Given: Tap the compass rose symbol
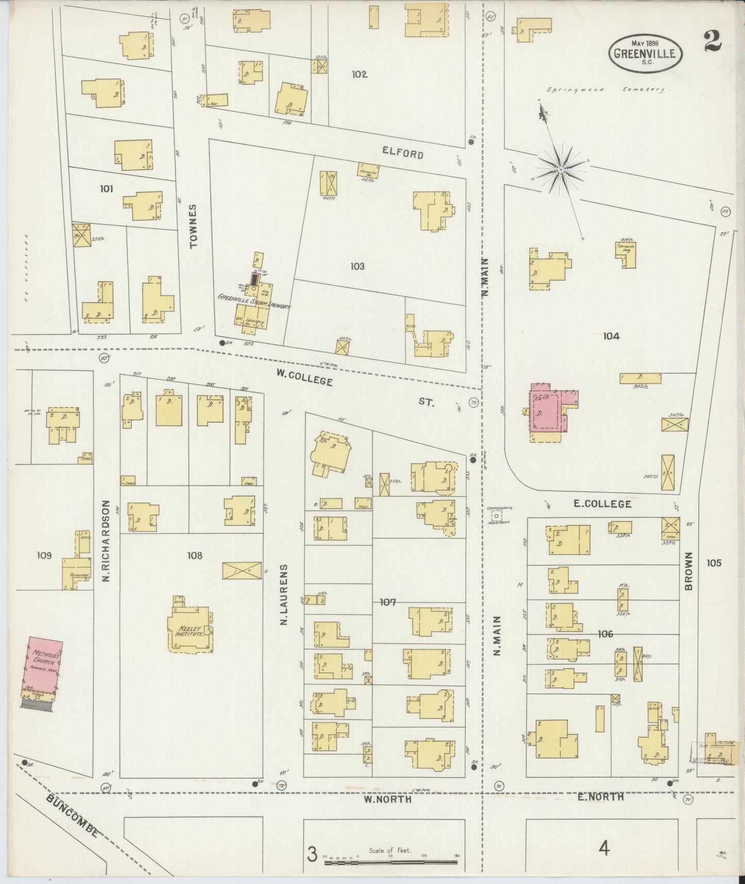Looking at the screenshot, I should tap(560, 169).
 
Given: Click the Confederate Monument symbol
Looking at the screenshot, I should tap(496, 515).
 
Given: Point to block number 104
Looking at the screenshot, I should tap(611, 336).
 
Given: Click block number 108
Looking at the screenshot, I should tap(195, 555).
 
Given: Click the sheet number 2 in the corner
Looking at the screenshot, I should tap(713, 41).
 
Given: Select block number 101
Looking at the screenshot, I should tap(107, 189).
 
